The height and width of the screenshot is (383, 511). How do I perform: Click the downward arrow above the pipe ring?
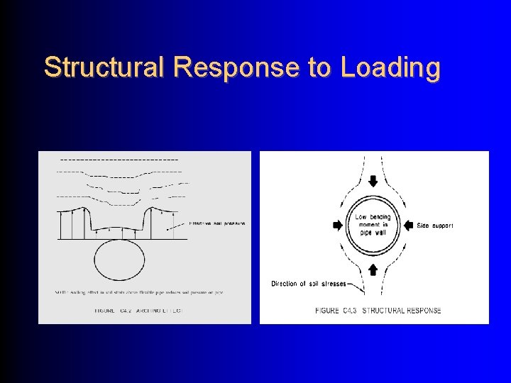click(373, 181)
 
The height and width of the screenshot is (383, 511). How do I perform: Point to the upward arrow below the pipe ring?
click(373, 270)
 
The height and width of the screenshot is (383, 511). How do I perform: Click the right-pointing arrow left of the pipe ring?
click(336, 225)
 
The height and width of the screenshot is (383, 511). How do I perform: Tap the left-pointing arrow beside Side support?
click(408, 225)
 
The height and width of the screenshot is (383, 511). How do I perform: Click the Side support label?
click(435, 226)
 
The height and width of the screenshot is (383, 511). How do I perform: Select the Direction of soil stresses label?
click(309, 284)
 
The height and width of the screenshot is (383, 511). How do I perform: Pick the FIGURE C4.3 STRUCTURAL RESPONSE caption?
click(378, 310)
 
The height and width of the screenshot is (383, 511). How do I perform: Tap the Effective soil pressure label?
click(217, 223)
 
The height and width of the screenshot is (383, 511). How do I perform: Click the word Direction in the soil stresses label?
click(285, 284)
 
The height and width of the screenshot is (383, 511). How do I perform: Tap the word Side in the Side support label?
click(423, 226)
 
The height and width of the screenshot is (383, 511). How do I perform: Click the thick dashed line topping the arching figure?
click(119, 160)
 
